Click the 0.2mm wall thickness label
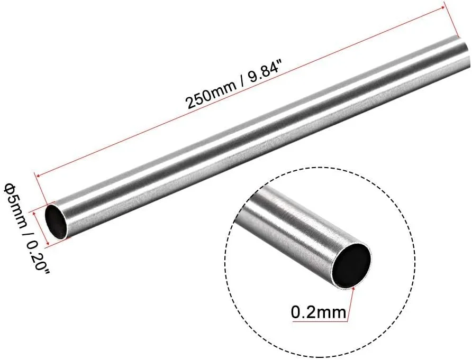pyautogui.click(x=319, y=312)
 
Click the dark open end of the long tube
pyautogui.click(x=56, y=221)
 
